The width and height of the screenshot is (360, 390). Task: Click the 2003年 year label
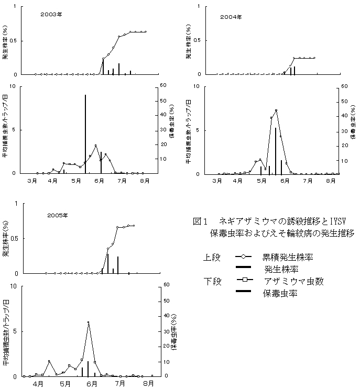point(51,15)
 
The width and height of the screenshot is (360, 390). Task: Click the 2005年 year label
point(58,215)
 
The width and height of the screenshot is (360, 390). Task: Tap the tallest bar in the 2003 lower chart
point(85,133)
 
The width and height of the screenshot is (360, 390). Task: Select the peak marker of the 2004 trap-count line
point(276,110)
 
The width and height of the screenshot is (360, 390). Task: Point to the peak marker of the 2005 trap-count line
point(89,322)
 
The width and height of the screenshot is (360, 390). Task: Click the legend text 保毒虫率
point(281,294)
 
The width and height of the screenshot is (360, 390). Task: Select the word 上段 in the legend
point(213,258)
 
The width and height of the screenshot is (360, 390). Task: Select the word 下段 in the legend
point(213,282)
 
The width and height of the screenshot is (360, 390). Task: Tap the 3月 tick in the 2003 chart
point(32,181)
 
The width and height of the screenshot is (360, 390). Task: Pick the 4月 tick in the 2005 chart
point(38,383)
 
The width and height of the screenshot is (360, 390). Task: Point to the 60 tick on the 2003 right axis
point(163,85)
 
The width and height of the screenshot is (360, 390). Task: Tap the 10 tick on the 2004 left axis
point(195,85)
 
